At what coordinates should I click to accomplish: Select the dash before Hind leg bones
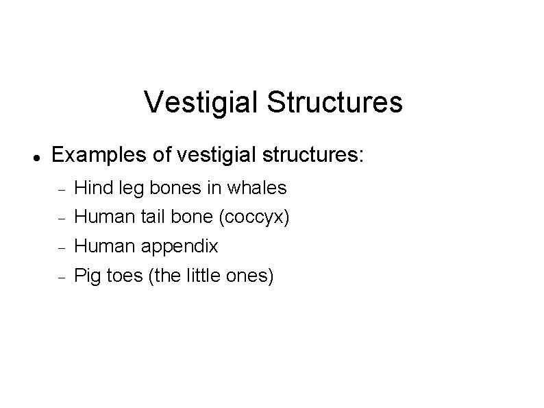(60, 189)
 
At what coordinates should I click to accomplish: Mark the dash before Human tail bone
(60, 219)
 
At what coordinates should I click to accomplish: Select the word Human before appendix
(103, 246)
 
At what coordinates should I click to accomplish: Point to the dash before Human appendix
(60, 248)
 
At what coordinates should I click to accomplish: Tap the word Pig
(87, 277)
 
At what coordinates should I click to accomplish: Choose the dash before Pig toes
(60, 278)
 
